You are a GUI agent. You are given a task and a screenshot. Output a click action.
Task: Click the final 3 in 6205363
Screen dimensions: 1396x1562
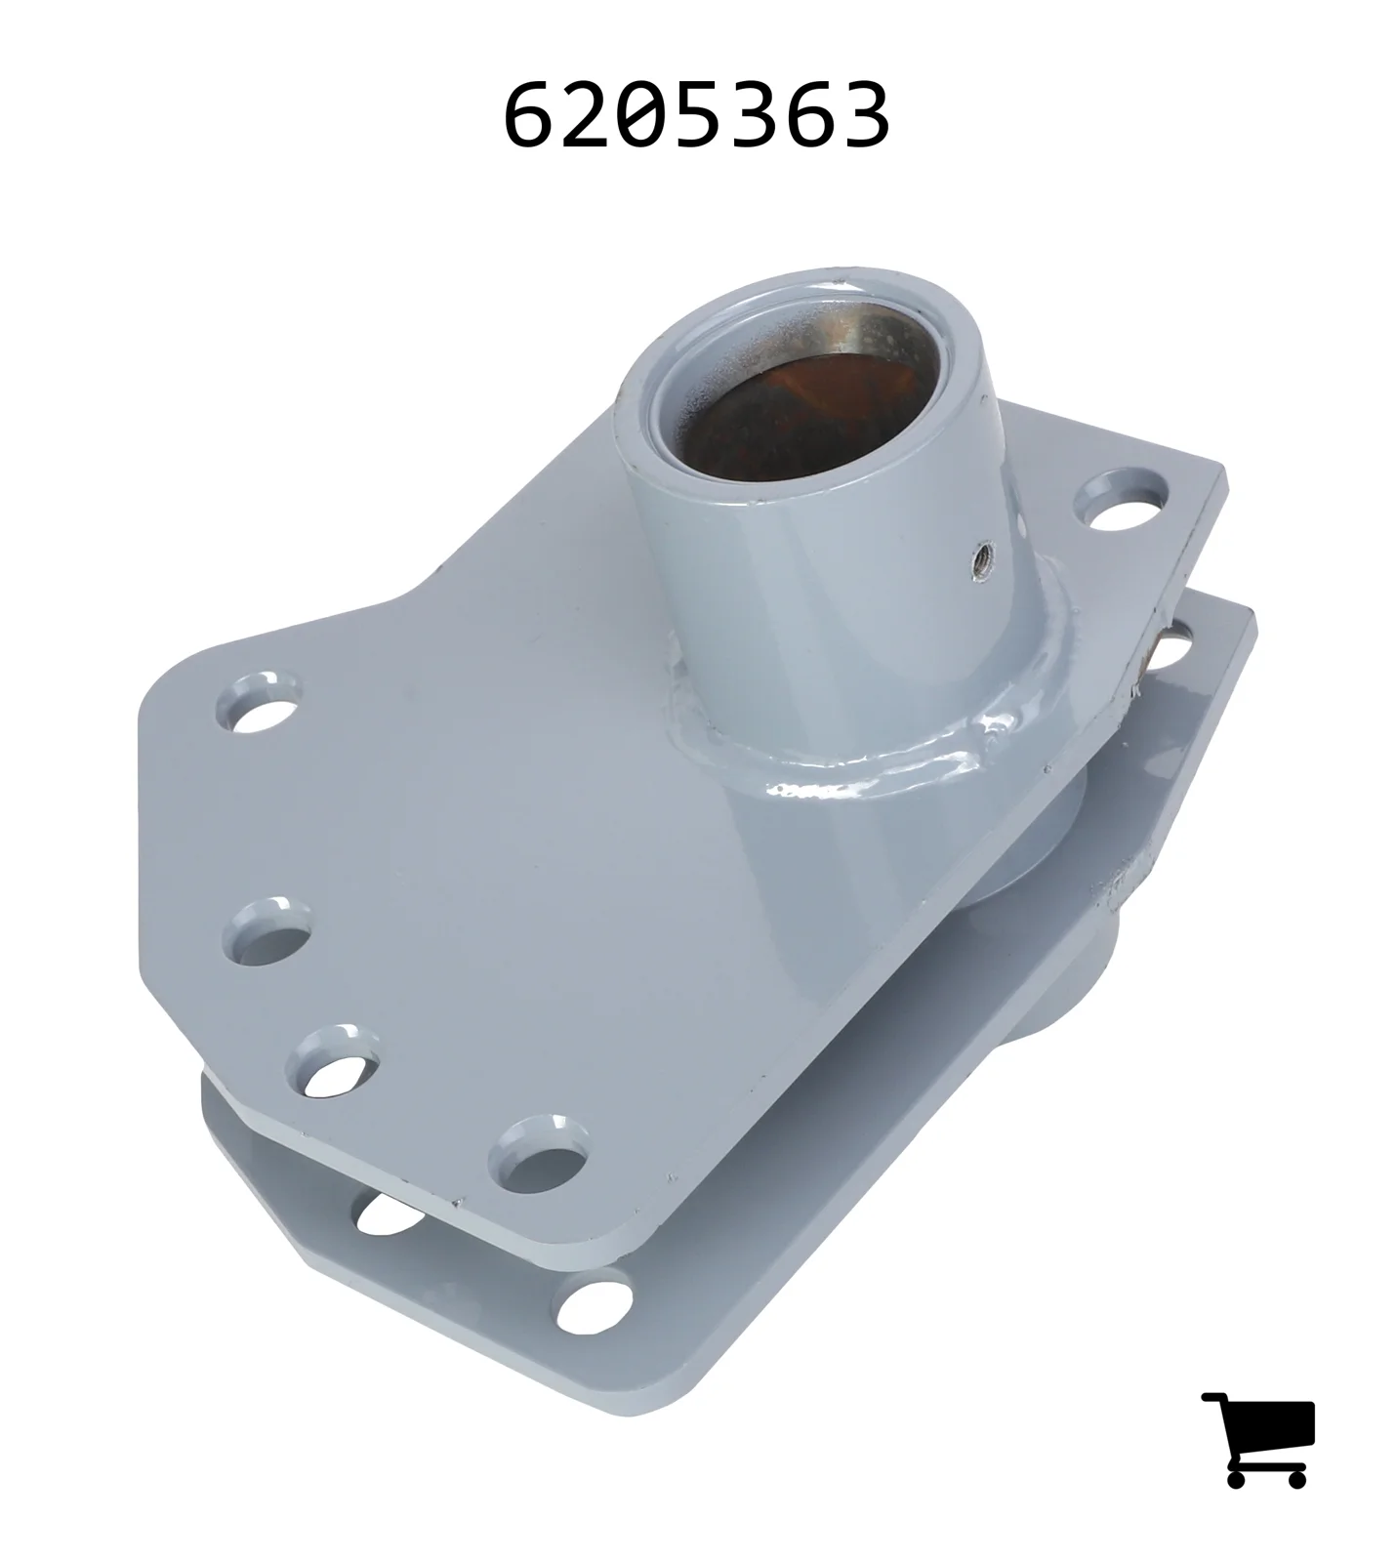866,116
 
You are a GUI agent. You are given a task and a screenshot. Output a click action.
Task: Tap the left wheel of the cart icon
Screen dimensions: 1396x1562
1238,1478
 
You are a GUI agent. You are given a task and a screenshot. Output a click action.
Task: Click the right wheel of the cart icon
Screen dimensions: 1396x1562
1295,1478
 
